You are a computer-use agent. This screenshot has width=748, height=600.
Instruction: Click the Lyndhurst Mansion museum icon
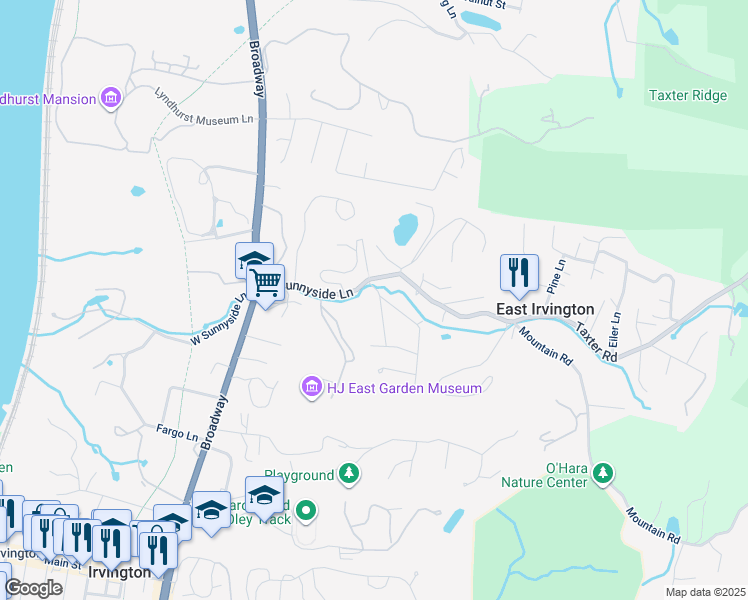tap(111, 98)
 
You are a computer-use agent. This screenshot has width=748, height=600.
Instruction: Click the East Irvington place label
tap(545, 310)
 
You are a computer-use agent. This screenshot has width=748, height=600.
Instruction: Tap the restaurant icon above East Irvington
tap(519, 272)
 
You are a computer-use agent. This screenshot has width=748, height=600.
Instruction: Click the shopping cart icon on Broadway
tap(266, 284)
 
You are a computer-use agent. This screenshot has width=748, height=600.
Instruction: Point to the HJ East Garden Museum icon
tap(311, 387)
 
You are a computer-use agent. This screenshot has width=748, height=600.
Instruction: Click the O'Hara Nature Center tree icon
tap(602, 472)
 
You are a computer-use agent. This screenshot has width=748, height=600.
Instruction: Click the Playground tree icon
tap(349, 472)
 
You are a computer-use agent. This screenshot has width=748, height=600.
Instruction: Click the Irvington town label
tap(119, 572)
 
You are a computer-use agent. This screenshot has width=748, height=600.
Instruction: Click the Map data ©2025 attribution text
tap(705, 592)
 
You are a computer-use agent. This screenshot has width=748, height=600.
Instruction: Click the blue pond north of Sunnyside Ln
tap(405, 229)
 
